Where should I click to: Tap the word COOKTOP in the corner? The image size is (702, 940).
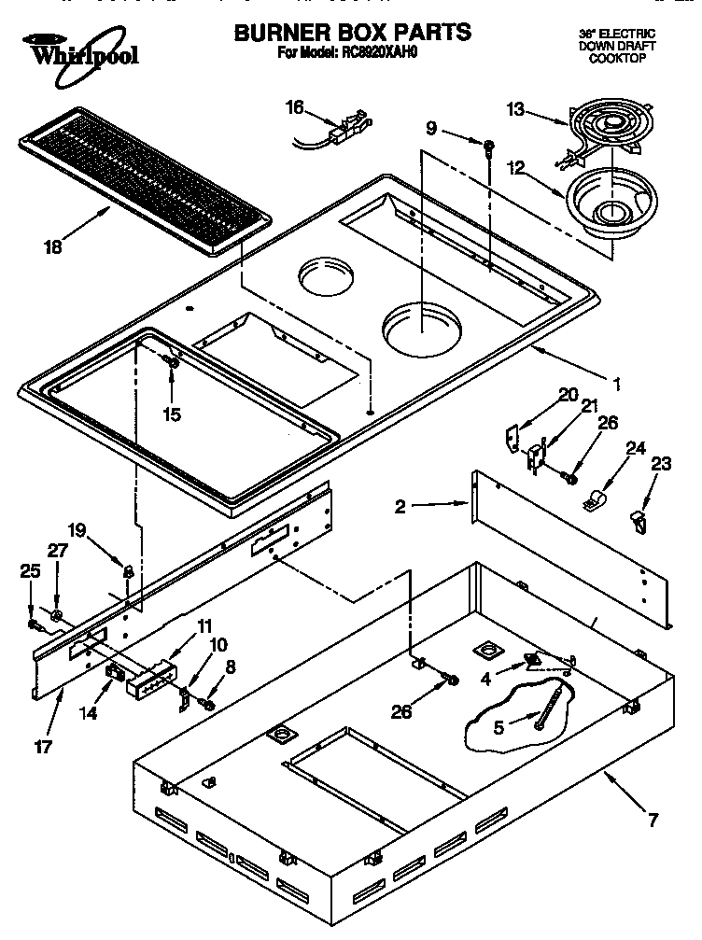coord(617,59)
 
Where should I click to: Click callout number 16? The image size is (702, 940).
coord(295,107)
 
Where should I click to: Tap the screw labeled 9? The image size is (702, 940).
coord(488,144)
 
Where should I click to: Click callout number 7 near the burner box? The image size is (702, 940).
coord(653,821)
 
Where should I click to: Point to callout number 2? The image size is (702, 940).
coord(400,507)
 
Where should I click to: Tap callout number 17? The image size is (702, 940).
coord(43,747)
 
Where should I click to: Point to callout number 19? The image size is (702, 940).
coord(77,531)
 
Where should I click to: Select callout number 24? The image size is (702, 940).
coord(636,448)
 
